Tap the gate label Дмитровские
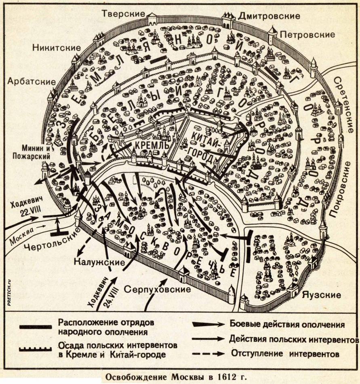click(x=269, y=16)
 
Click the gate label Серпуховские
click(x=157, y=290)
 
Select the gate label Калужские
click(x=99, y=262)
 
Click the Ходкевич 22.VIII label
click(x=25, y=207)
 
